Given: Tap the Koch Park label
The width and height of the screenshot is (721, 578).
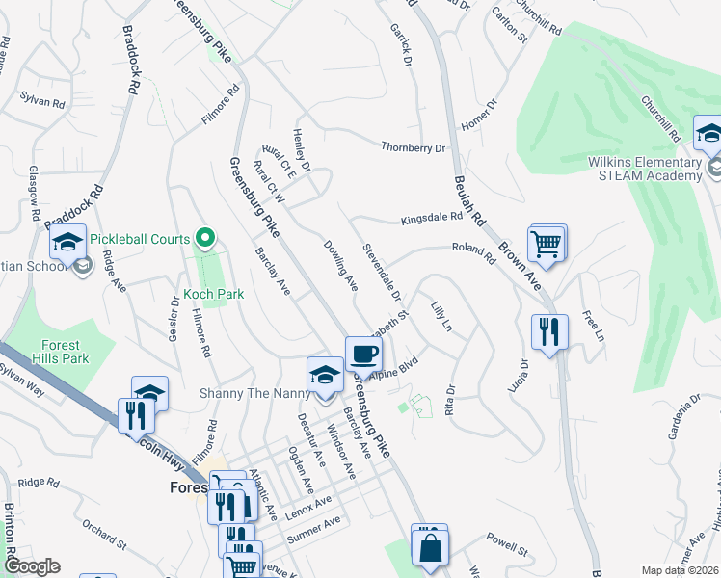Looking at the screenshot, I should [x=213, y=294].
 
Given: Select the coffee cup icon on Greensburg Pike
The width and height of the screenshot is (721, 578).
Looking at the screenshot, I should [x=362, y=354].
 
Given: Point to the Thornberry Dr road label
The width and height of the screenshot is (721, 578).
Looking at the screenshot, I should [x=414, y=148].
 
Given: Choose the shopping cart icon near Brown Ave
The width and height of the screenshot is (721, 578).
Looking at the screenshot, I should [x=547, y=243].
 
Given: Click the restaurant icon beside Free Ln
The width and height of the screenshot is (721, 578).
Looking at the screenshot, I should [x=549, y=332].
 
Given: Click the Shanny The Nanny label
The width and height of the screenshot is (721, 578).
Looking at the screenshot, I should [x=250, y=393].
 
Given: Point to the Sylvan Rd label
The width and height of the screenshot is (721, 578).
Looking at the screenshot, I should [x=42, y=100].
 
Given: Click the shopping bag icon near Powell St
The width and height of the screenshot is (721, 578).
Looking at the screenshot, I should [x=429, y=548].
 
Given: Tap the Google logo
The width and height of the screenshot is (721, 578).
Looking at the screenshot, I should [x=32, y=566].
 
